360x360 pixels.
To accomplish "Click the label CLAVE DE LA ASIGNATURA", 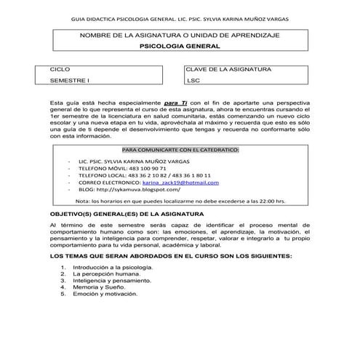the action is [x=228, y=68].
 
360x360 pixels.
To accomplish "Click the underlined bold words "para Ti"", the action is [x=175, y=104].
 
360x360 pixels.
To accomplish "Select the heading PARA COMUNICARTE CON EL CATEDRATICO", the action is [x=180, y=149].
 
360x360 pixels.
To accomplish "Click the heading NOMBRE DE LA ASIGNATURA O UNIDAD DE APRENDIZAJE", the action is [x=180, y=35].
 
